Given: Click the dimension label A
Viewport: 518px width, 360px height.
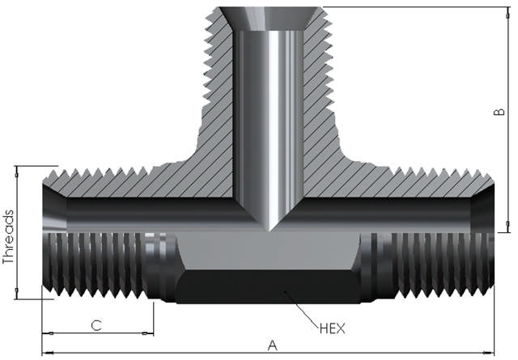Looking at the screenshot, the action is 272,345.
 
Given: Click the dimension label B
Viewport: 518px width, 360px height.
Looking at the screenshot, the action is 499,112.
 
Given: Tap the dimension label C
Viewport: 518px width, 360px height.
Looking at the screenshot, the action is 96,325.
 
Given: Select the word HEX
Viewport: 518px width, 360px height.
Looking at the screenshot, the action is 333,328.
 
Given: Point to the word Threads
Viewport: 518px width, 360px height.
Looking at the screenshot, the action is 8,237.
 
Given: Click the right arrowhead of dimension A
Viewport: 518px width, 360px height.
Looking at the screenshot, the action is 489,353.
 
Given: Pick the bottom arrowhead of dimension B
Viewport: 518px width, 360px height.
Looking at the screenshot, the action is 508,227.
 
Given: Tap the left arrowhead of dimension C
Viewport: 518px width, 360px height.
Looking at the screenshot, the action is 48,333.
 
